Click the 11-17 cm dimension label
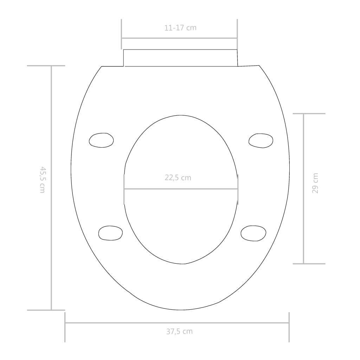pyautogui.click(x=180, y=28)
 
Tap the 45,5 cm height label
pyautogui.click(x=42, y=179)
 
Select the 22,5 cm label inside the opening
pyautogui.click(x=178, y=178)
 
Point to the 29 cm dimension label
pyautogui.click(x=315, y=183)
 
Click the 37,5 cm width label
pyautogui.click(x=179, y=331)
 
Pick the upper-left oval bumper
pyautogui.click(x=101, y=140)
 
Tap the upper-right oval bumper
pyautogui.click(x=261, y=140)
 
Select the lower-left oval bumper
pyautogui.click(x=111, y=233)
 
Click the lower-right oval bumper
pyautogui.click(x=253, y=233)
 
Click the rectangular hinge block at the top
pyautogui.click(x=180, y=58)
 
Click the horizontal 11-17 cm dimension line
pyautogui.click(x=179, y=38)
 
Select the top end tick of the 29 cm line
pyautogui.click(x=309, y=114)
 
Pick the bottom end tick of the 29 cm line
pyautogui.click(x=309, y=263)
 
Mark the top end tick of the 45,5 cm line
pyautogui.click(x=46, y=66)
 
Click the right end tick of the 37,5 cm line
pyautogui.click(x=289, y=327)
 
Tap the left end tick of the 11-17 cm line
pyautogui.click(x=122, y=34)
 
